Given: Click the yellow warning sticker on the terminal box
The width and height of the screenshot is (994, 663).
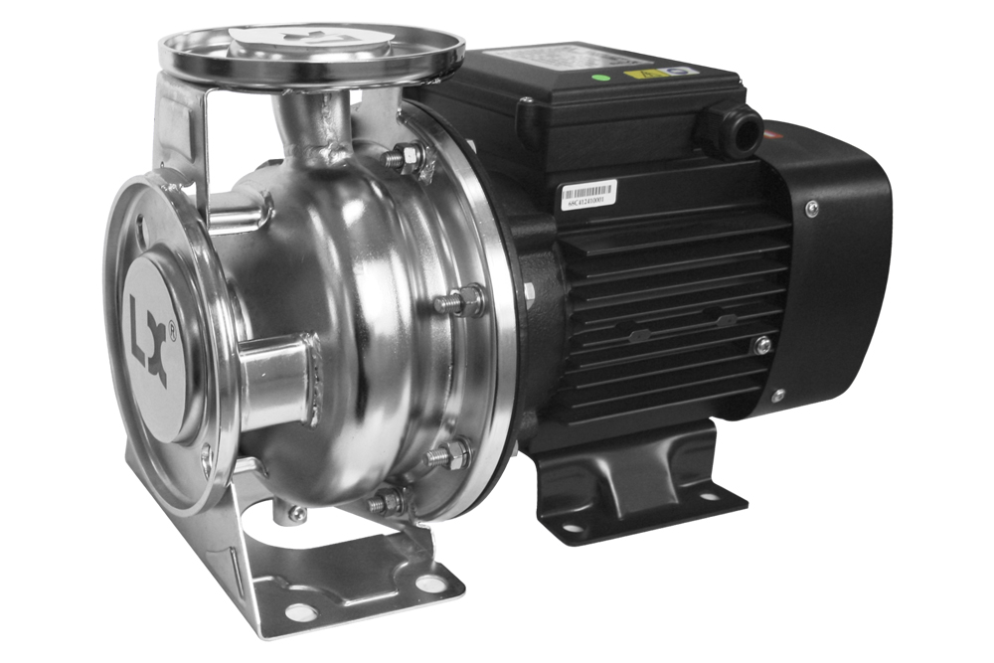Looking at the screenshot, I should (636, 75).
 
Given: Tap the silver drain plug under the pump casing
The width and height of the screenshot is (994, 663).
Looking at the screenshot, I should (296, 513).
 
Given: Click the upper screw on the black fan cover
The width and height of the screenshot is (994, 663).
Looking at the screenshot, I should (812, 208).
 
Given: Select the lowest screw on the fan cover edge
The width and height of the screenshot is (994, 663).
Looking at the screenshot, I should (777, 396).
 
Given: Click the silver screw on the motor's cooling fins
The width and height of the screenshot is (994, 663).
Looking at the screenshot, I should (762, 345).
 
